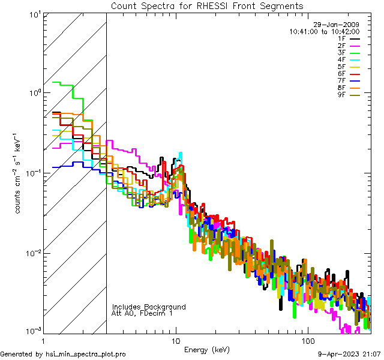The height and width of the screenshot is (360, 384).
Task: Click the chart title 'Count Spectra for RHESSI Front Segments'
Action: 207,5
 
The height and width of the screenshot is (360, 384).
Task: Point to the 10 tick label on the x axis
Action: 175,340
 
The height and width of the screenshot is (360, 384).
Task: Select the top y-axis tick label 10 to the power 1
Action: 33,13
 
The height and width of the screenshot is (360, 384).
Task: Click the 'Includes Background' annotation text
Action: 149,307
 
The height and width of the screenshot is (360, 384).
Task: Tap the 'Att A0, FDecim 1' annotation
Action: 142,313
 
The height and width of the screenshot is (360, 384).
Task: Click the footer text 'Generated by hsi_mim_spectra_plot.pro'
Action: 63,354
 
